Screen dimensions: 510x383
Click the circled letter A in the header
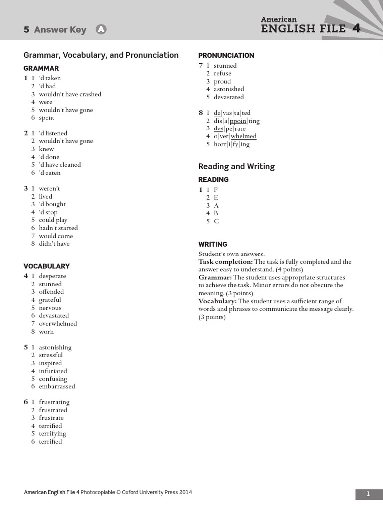click(101, 30)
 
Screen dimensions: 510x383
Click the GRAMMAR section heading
click(41, 68)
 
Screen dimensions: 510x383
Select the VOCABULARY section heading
click(47, 266)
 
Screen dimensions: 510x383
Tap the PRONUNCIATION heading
click(226, 55)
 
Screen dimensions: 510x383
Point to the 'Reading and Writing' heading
click(236, 166)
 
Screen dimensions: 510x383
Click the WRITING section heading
click(213, 244)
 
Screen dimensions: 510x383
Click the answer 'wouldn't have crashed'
click(70, 94)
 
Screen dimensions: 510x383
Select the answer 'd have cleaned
click(60, 165)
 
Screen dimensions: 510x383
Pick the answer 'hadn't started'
click(58, 228)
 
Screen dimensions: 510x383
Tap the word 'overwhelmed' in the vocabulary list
click(58, 324)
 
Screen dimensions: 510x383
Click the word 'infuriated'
click(53, 371)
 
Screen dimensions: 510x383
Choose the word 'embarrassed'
click(57, 386)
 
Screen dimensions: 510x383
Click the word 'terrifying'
click(52, 434)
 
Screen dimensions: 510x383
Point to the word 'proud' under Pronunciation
click(222, 81)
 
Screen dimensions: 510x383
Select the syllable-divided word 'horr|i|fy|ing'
click(232, 144)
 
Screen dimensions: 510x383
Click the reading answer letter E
click(216, 198)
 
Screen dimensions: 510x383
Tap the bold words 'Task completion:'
click(225, 262)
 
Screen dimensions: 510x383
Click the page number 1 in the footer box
click(368, 494)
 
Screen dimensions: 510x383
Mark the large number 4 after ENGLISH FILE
click(356, 28)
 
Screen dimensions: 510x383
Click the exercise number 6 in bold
click(26, 402)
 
